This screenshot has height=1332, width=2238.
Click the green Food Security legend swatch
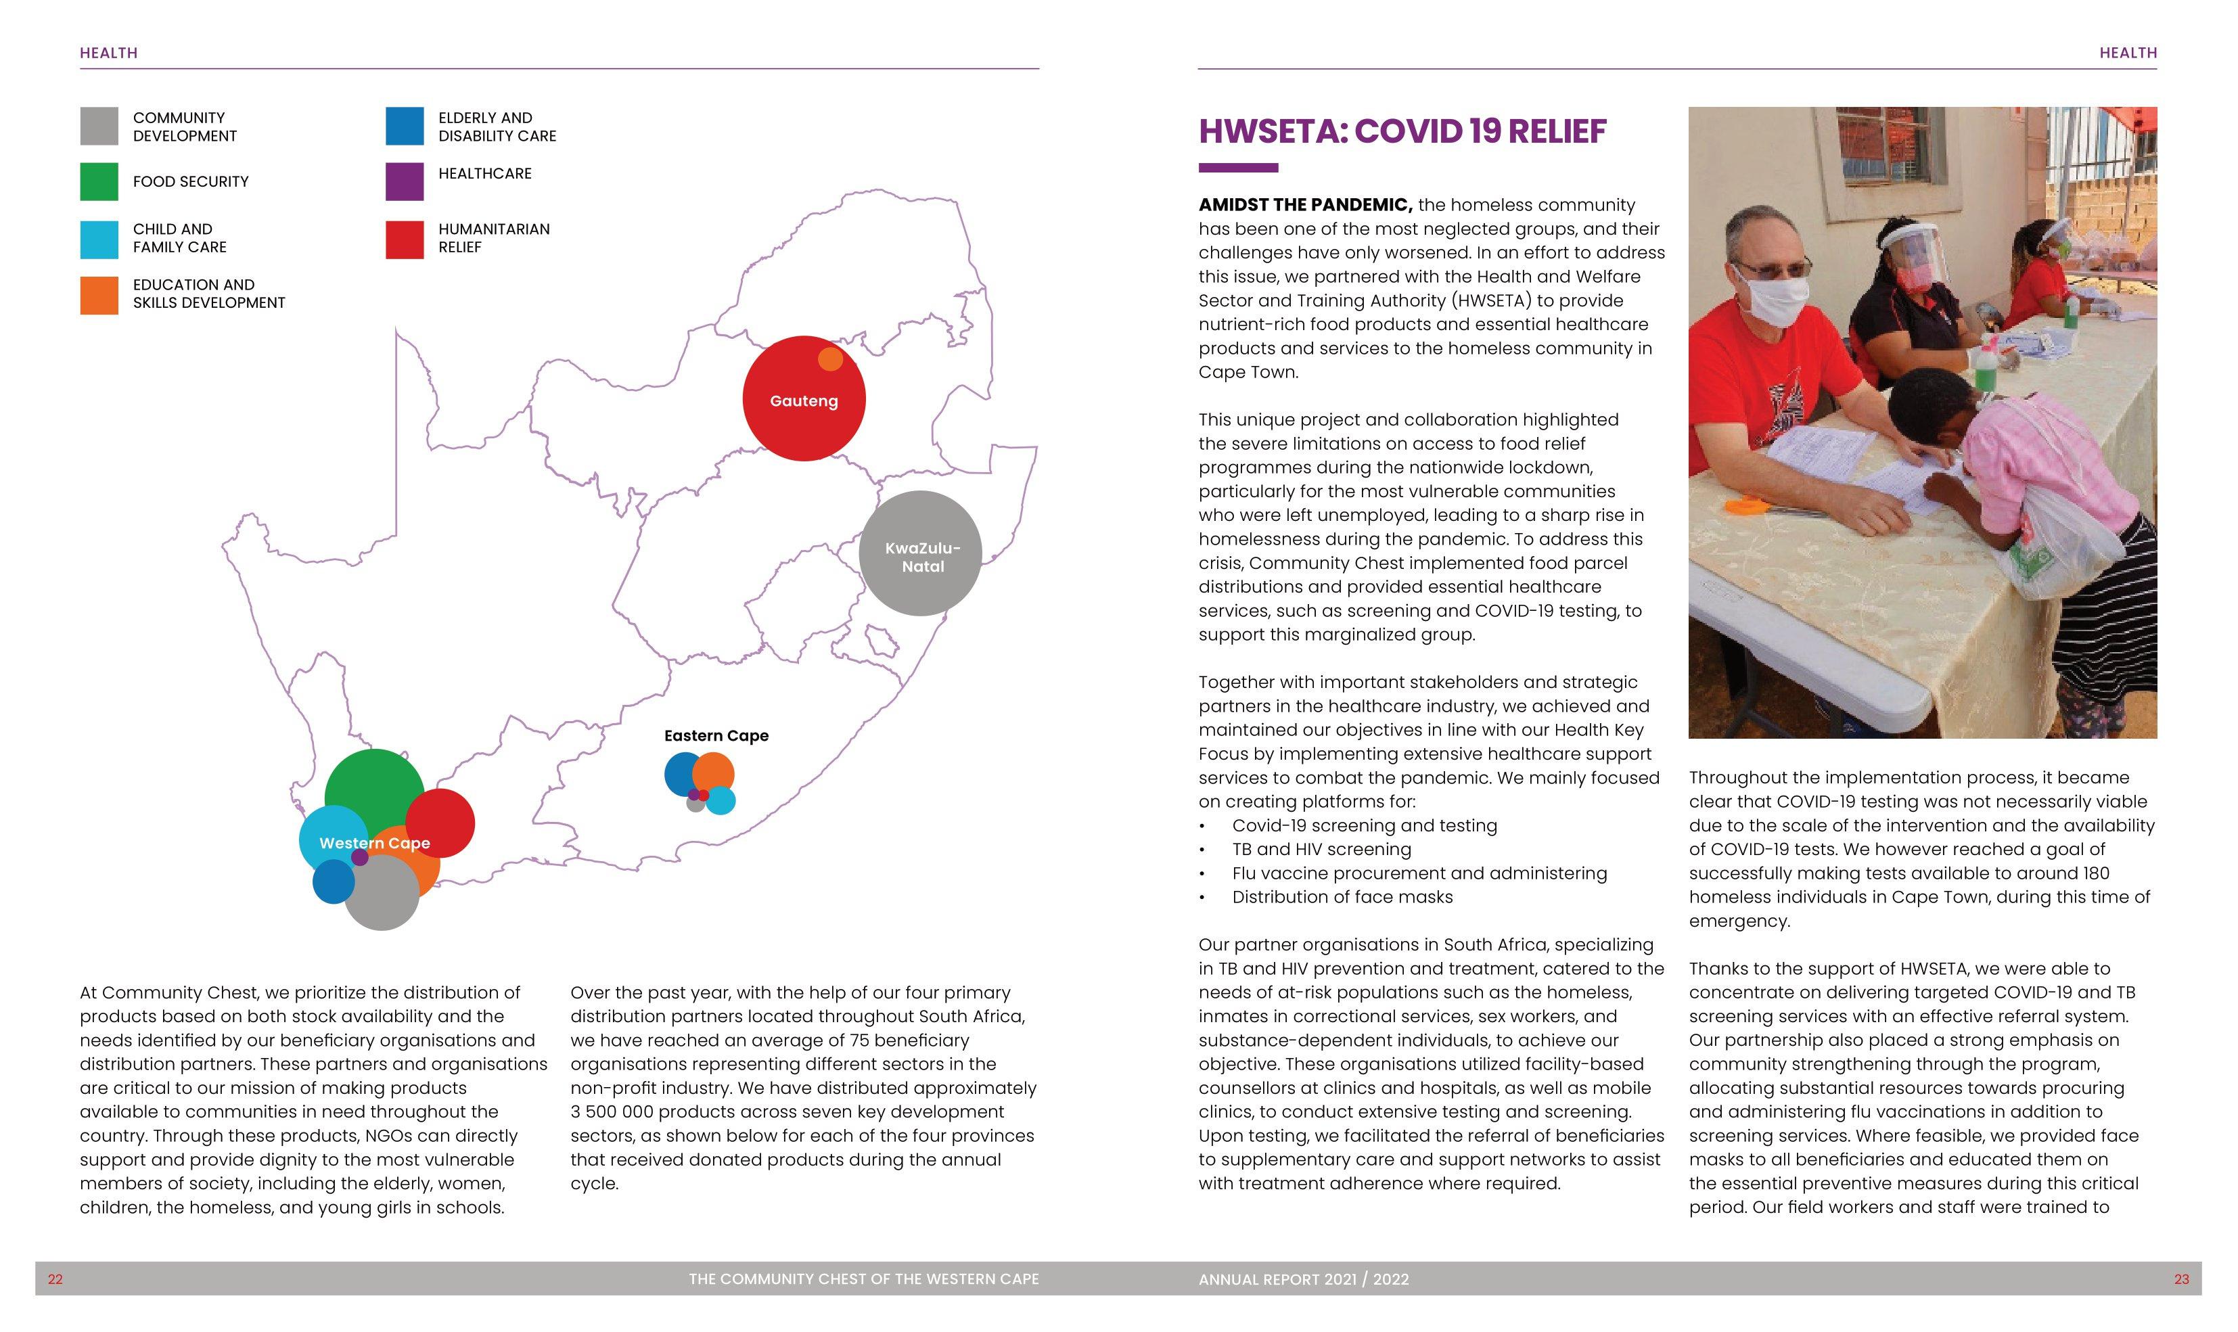tap(99, 181)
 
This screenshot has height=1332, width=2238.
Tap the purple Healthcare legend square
tap(404, 181)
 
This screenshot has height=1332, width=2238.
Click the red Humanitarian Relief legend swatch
tap(404, 239)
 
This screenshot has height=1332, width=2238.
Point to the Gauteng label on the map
tap(803, 401)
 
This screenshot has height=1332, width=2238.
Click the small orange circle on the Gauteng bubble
tap(830, 359)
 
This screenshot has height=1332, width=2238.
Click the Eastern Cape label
tap(716, 736)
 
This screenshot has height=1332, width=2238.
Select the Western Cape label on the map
tap(374, 843)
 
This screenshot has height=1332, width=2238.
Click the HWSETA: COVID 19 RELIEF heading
tap(1402, 132)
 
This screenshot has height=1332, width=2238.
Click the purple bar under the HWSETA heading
tap(1237, 168)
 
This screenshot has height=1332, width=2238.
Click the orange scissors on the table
tap(1750, 505)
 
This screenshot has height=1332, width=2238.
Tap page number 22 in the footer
tap(55, 1279)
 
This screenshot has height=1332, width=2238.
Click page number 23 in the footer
tap(2180, 1279)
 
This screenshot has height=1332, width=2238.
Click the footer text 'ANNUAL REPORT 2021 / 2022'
tap(1303, 1279)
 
